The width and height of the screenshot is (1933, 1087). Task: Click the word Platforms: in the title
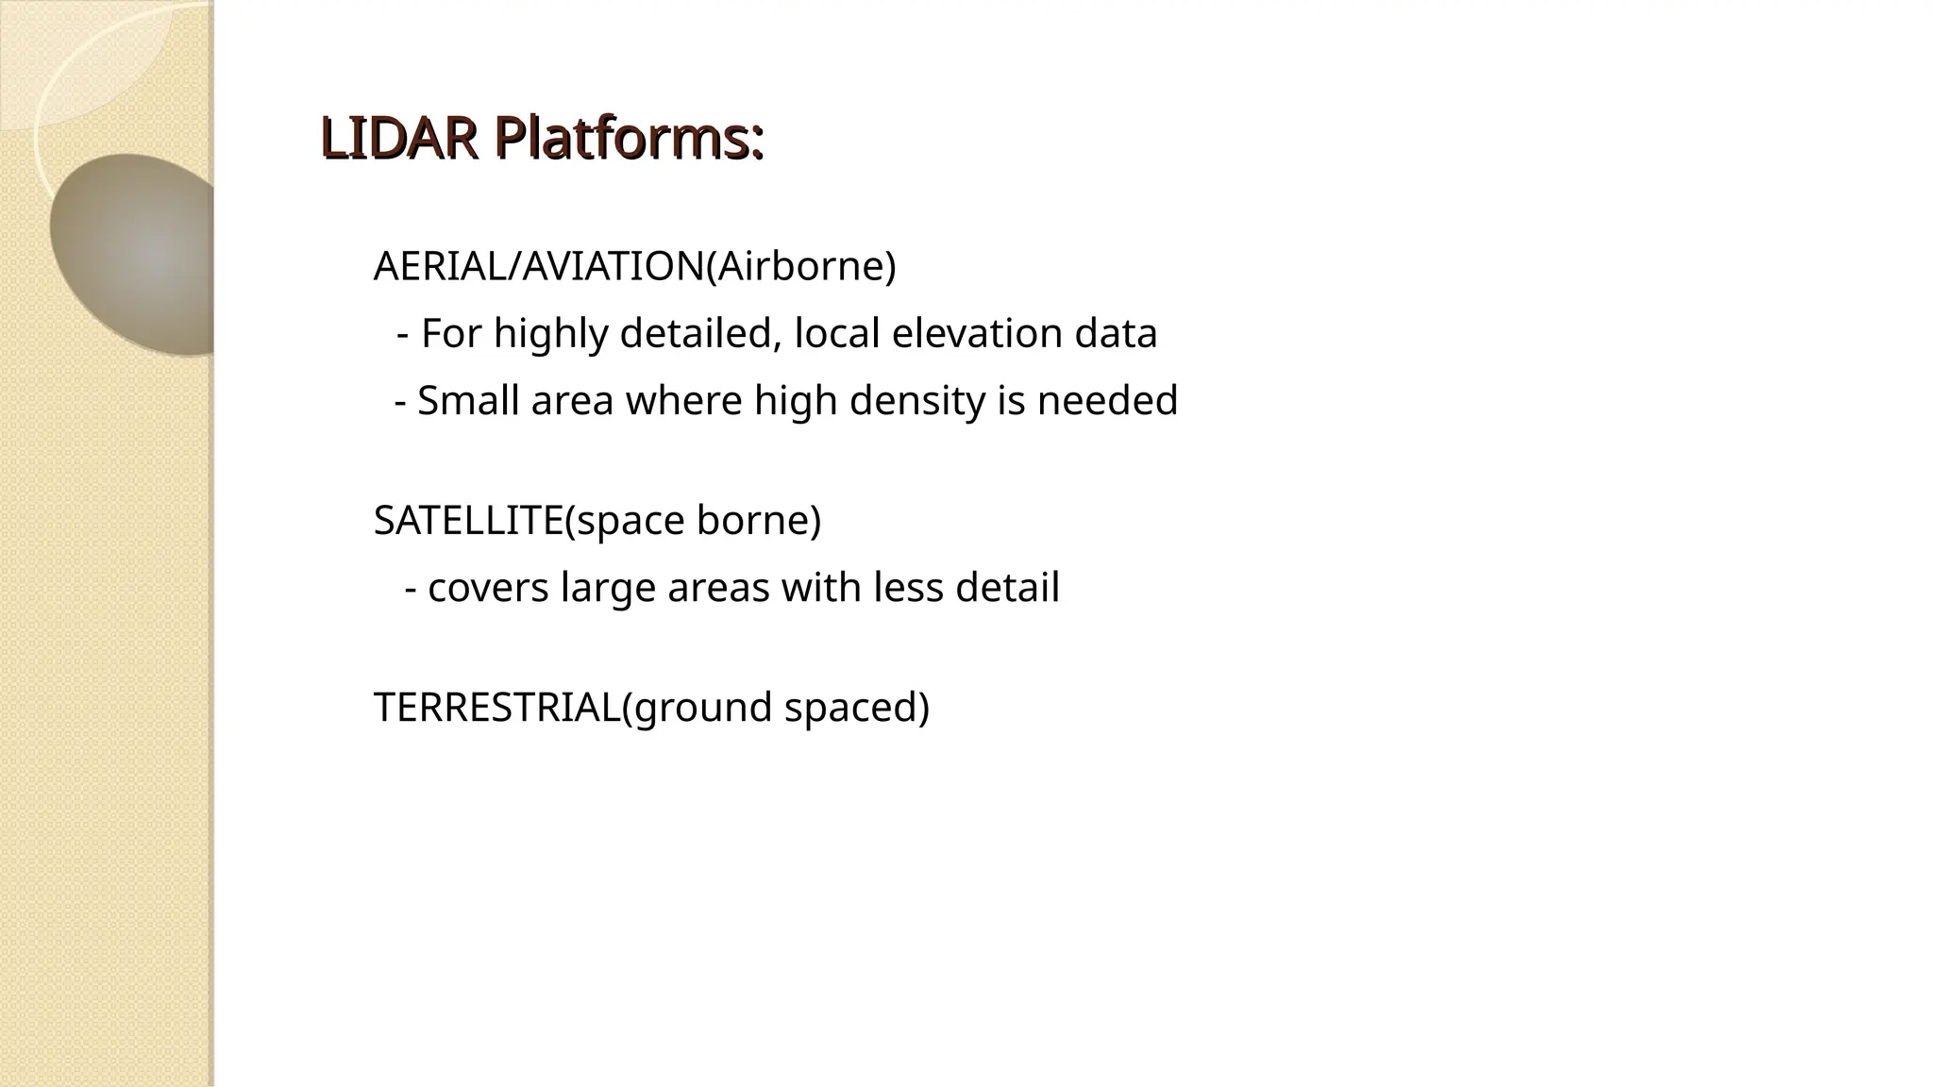click(629, 139)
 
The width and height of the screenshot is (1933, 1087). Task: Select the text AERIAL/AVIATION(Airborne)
click(634, 267)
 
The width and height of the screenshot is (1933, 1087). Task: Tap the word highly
click(550, 334)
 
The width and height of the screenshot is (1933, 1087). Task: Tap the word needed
click(1107, 401)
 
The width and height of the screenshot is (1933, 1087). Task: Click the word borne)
click(759, 521)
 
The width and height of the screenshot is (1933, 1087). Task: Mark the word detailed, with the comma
click(701, 334)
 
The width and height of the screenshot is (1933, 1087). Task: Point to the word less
click(908, 588)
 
